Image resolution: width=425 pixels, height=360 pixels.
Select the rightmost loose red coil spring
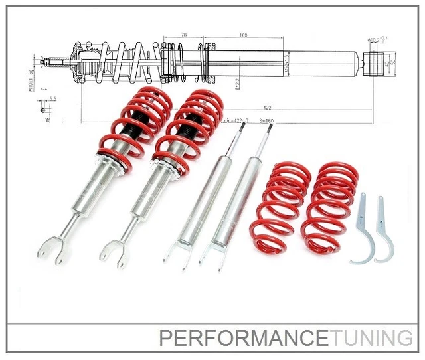click(x=331, y=206)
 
